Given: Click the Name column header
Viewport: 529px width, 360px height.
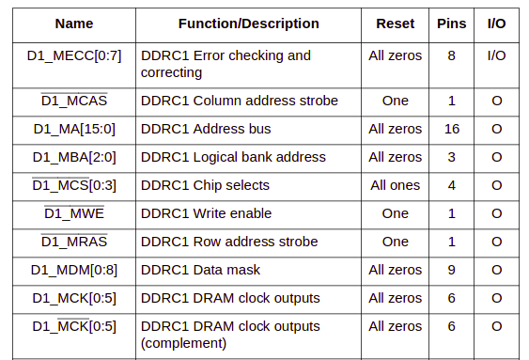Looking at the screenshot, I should click(73, 23).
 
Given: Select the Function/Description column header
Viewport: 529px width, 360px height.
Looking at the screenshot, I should click(248, 23).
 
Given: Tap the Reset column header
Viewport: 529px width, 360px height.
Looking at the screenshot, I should click(395, 23).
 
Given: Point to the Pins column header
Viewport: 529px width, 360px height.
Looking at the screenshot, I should click(451, 23).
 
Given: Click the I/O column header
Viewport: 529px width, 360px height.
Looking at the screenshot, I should click(496, 23).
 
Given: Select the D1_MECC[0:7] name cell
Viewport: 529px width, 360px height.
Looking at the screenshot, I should click(74, 55).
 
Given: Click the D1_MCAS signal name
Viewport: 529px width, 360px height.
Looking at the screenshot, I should click(74, 101).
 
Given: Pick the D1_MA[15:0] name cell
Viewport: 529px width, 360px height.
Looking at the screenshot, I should click(74, 129).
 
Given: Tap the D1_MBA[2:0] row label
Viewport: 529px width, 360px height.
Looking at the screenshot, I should click(74, 157).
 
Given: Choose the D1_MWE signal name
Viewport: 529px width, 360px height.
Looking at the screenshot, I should click(74, 213).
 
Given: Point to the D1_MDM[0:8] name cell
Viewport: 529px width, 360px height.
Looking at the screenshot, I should click(74, 270).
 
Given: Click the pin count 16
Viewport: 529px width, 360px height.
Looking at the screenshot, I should click(452, 129).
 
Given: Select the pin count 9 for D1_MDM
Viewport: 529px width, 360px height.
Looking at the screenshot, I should click(452, 270).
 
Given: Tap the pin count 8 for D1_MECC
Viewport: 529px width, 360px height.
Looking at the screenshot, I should click(452, 55).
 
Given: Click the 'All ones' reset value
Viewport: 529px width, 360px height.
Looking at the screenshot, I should click(396, 185).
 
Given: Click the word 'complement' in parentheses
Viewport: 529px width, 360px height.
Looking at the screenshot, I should click(184, 343).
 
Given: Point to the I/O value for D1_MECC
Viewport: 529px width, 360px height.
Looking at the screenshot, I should click(496, 55).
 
